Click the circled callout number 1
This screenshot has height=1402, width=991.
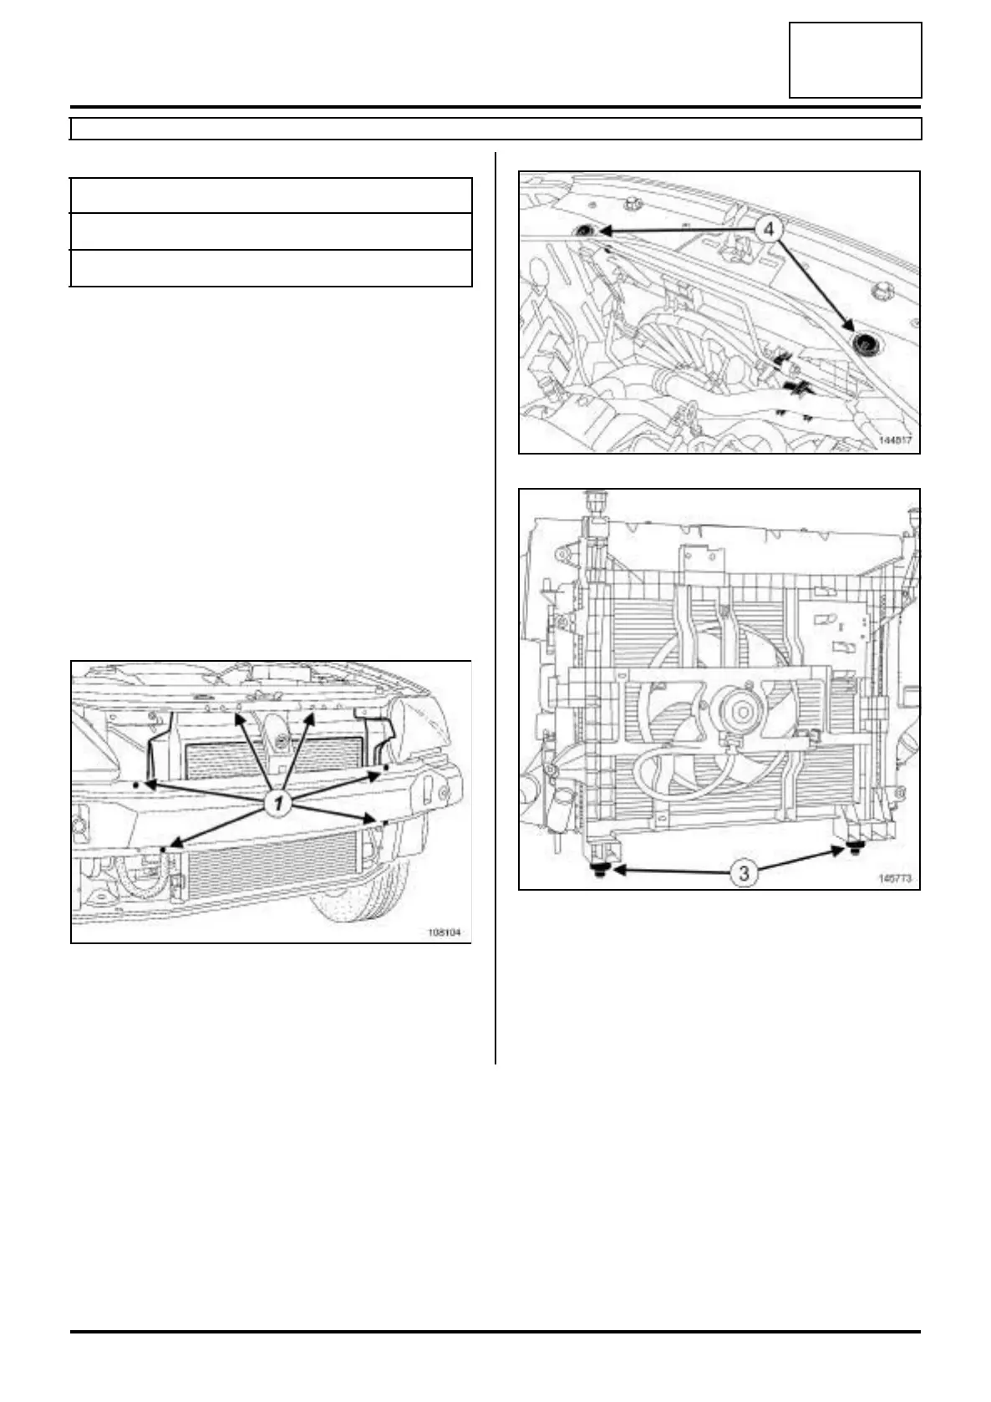click(277, 803)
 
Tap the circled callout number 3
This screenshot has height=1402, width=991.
click(744, 873)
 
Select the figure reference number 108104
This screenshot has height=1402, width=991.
click(445, 933)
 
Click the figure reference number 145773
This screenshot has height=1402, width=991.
click(895, 878)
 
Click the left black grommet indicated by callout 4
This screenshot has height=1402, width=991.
click(584, 231)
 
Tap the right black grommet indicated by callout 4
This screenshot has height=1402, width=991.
click(861, 341)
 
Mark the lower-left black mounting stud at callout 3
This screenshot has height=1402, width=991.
click(601, 869)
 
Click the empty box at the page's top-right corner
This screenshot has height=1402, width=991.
click(855, 60)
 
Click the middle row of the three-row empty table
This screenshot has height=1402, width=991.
click(271, 231)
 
